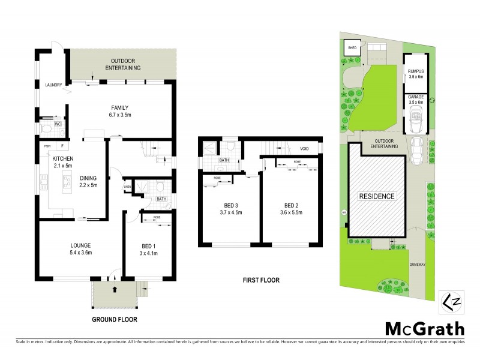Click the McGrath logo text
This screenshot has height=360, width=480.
point(424,329)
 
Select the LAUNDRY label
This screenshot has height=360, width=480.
point(54,85)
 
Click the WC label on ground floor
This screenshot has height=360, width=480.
point(58,124)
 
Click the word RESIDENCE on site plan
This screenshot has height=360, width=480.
point(377,196)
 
